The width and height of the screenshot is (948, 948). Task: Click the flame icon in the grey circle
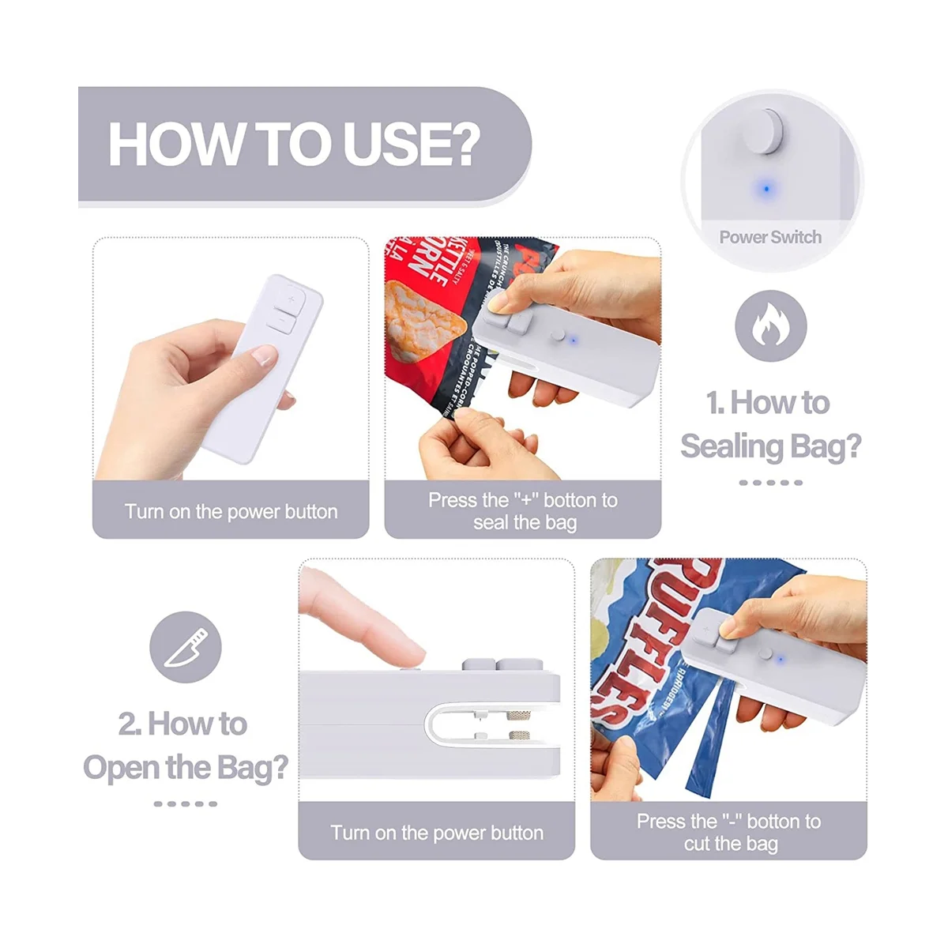tap(770, 325)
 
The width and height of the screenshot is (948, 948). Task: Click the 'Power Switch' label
tap(770, 237)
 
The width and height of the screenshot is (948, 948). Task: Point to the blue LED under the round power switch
tap(765, 190)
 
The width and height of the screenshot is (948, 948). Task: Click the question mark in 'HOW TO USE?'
tap(458, 144)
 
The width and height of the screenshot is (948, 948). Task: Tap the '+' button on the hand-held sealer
tap(291, 299)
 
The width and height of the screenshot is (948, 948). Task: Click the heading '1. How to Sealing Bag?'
tap(770, 424)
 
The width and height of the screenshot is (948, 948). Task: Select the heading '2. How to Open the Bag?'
tap(186, 746)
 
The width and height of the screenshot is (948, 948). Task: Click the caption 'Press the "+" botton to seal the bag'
tap(523, 511)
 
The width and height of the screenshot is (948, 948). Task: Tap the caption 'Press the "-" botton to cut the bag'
tap(729, 833)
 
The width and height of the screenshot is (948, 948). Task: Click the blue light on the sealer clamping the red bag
tap(574, 340)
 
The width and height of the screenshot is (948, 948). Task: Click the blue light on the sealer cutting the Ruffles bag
tap(780, 660)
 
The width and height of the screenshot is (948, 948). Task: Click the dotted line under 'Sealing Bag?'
tap(770, 482)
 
